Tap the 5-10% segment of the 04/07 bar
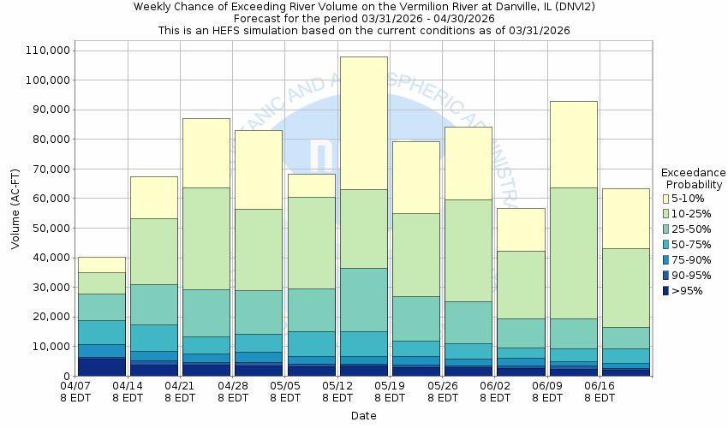pyautogui.click(x=101, y=265)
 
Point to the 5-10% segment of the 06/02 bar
pyautogui.click(x=522, y=229)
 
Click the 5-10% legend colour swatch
pyautogui.click(x=665, y=199)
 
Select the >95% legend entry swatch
pyautogui.click(x=665, y=291)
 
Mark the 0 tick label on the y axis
pyautogui.click(x=65, y=376)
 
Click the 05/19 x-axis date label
pyautogui.click(x=390, y=391)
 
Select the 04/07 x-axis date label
pyautogui.click(x=75, y=391)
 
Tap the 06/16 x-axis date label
pyautogui.click(x=600, y=391)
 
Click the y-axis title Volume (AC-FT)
pyautogui.click(x=15, y=211)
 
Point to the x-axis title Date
pyautogui.click(x=363, y=416)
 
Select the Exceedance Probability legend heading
pyautogui.click(x=693, y=178)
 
